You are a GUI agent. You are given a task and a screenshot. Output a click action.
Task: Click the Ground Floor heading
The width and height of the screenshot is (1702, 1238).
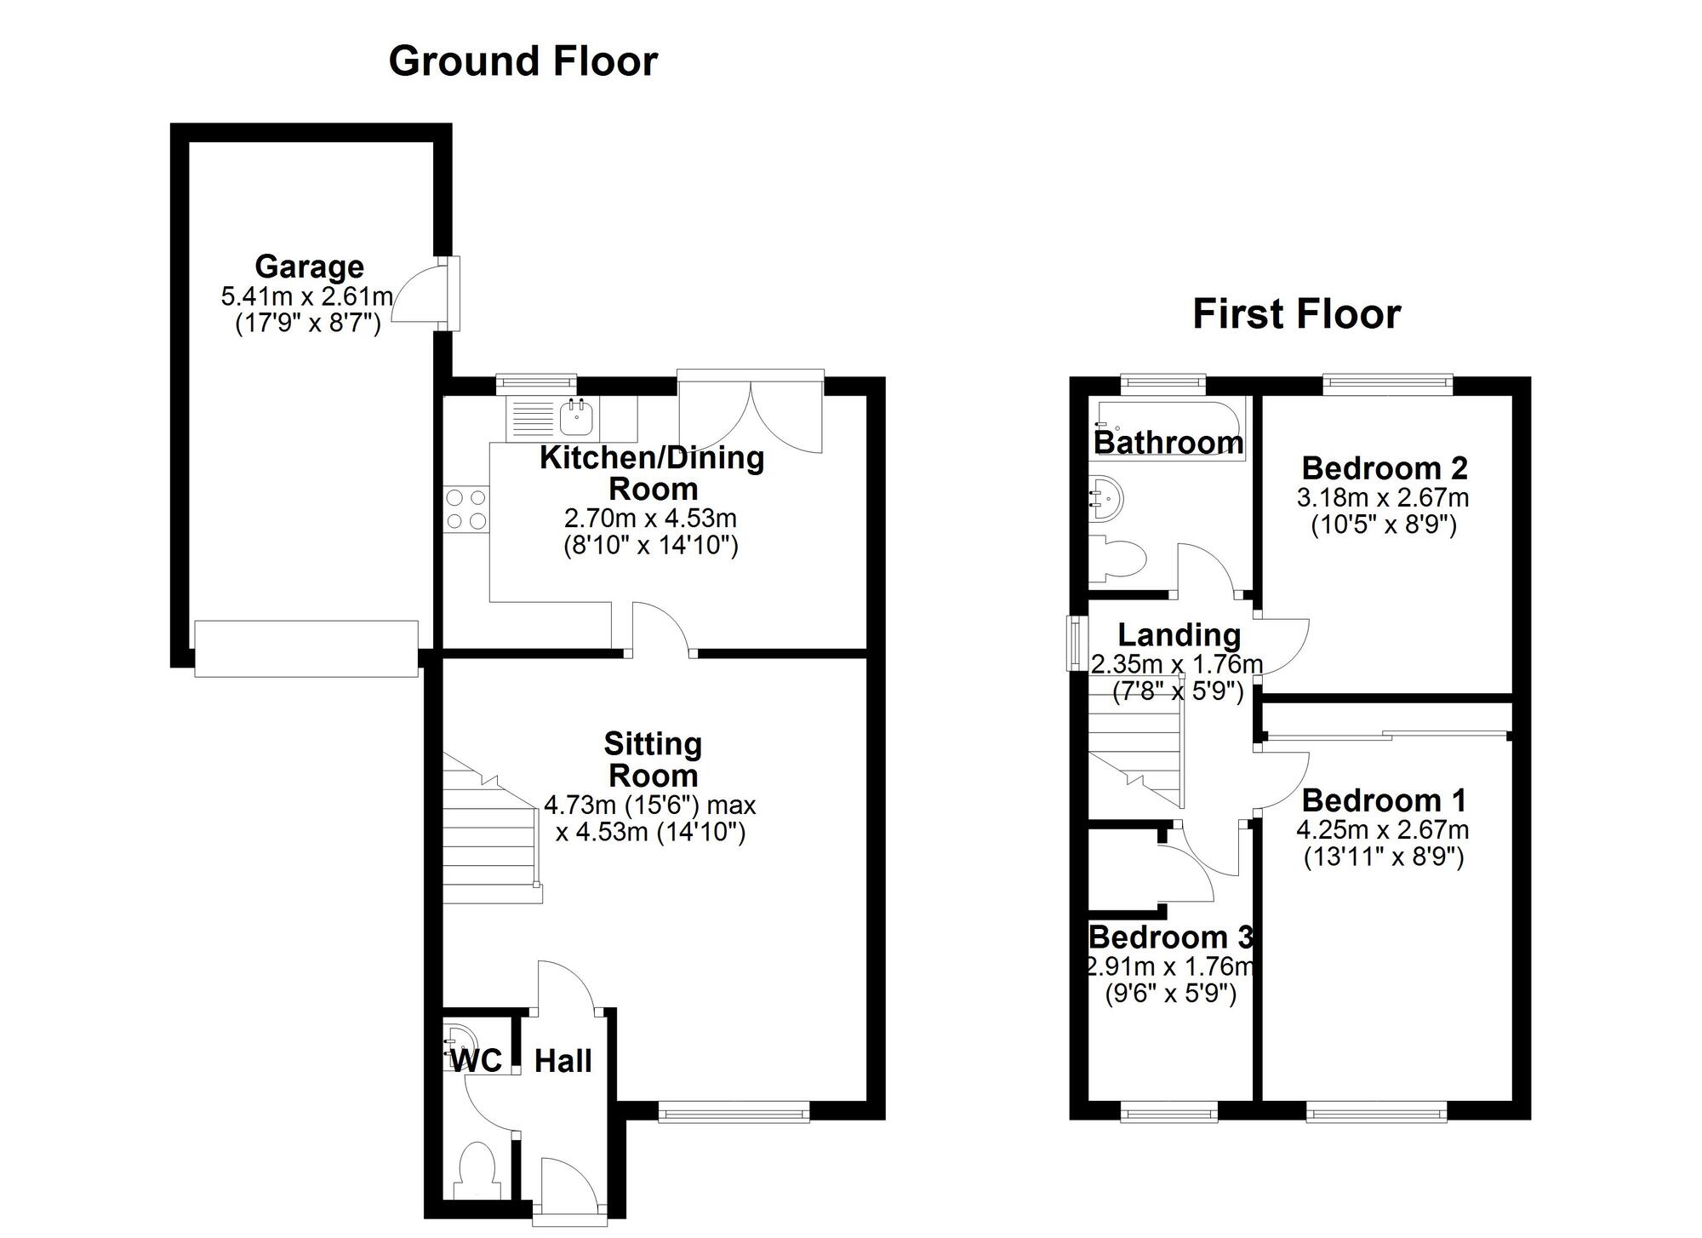click(523, 61)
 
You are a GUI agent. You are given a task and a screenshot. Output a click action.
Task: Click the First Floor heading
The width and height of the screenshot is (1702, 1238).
click(1295, 313)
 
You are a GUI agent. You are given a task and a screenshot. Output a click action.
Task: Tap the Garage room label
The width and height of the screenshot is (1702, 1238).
click(309, 267)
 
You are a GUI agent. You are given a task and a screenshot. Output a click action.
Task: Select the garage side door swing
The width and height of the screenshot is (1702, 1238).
click(421, 294)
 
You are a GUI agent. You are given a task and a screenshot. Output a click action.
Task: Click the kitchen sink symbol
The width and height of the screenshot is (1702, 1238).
click(576, 418)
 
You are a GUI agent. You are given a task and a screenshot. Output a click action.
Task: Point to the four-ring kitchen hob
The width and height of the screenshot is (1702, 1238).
click(466, 508)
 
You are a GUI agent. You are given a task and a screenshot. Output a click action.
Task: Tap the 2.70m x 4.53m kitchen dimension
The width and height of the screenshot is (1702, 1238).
click(650, 518)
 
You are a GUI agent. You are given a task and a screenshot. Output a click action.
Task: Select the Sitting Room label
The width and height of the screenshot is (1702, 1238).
click(653, 759)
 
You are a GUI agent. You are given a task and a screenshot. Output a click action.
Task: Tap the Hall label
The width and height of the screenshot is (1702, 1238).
click(563, 1061)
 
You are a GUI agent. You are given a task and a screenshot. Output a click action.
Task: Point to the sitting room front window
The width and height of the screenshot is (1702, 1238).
click(734, 1111)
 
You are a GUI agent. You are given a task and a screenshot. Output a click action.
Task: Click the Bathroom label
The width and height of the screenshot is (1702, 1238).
click(1168, 443)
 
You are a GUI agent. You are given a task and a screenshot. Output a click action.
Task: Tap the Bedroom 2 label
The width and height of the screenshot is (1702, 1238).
click(1384, 468)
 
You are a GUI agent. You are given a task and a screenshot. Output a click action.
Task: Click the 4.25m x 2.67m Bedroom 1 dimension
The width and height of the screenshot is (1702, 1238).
click(1382, 829)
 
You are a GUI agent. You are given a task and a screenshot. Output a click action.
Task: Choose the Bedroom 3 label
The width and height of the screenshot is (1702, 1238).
click(1170, 937)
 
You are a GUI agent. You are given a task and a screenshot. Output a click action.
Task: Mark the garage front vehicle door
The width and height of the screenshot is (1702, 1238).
click(306, 649)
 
